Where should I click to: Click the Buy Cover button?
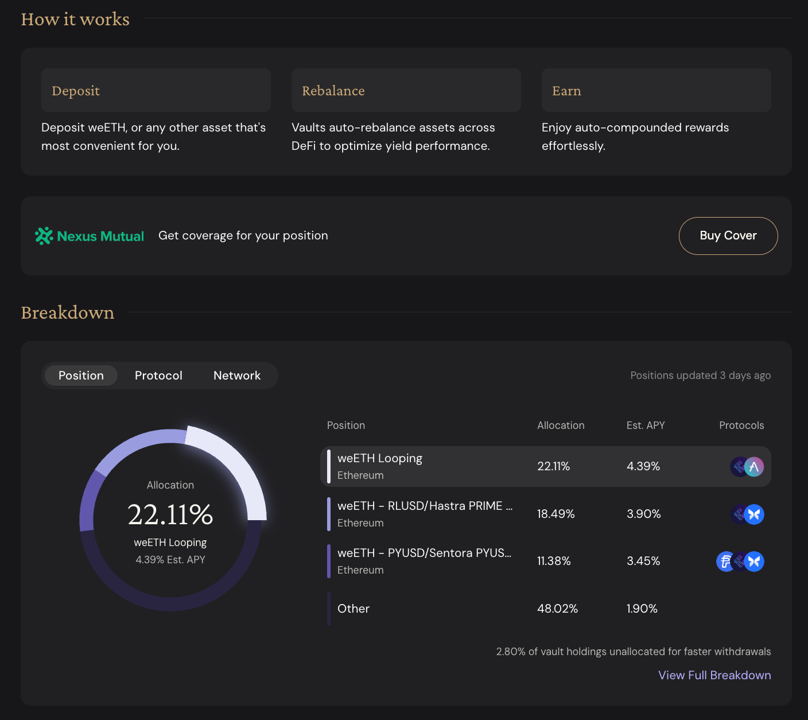728,235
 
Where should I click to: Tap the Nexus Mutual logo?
90,236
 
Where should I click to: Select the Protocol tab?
158,375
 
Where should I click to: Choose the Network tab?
237,375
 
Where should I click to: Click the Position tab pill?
81,375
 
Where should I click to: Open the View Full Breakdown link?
714,675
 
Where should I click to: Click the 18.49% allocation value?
555,514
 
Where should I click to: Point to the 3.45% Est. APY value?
643,561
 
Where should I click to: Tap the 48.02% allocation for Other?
557,608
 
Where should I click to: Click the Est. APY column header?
645,425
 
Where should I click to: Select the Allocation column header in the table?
561,425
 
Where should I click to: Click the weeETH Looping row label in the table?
380,458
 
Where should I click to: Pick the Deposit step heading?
76,91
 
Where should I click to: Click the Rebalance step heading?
333,91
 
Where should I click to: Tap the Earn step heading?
566,91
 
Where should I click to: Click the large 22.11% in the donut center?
170,514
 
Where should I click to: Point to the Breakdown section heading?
67,312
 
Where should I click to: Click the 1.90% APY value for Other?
642,608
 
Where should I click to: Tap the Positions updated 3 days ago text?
700,375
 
